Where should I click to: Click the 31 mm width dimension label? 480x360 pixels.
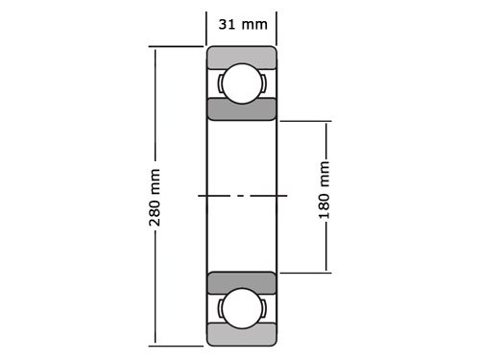242,24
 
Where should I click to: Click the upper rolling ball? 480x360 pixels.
242,83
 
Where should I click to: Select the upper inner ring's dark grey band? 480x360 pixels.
242,108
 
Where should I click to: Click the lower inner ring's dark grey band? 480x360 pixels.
242,283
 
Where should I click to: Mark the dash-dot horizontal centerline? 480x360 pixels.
242,196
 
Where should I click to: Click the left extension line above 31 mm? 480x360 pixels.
207,27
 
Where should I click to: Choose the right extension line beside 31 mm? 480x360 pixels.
276,27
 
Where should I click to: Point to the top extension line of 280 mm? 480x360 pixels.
178,46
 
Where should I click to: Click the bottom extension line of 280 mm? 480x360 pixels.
178,345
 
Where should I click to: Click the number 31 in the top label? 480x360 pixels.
227,24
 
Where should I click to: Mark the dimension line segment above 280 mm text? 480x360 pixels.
155,106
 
